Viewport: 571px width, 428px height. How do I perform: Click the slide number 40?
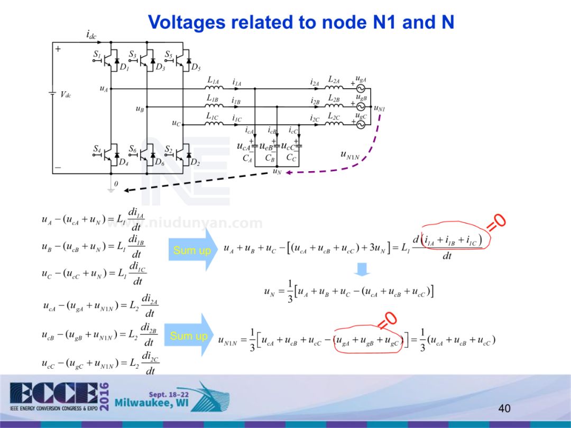[x=504, y=408]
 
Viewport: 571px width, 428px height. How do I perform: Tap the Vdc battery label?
[x=66, y=95]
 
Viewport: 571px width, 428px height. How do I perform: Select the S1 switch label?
[x=97, y=54]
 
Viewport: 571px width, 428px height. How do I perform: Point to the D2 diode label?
[x=195, y=162]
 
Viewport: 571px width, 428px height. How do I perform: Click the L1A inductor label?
[x=213, y=81]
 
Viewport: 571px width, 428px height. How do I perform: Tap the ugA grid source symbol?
[x=362, y=88]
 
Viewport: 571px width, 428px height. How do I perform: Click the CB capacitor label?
[x=270, y=157]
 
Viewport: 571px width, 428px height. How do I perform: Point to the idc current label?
[x=91, y=35]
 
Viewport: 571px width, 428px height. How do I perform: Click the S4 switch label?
[x=97, y=150]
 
